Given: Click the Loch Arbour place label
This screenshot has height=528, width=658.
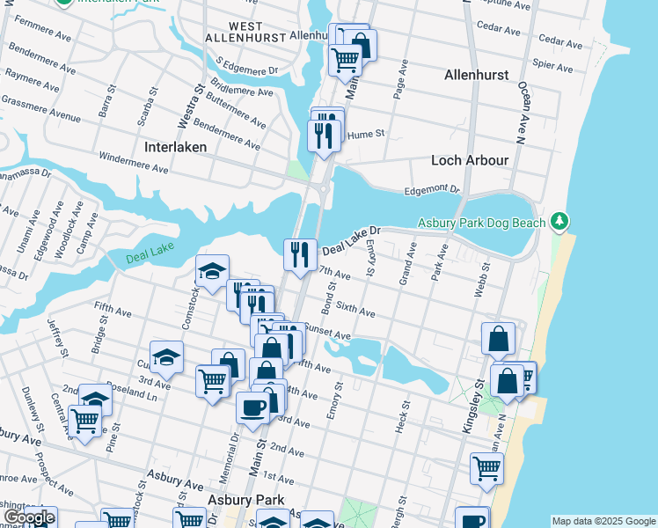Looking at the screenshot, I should click(x=470, y=160).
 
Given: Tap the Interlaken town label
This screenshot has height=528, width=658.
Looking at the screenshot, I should click(x=175, y=147).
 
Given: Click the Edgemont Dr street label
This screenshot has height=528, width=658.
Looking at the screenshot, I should click(x=432, y=189).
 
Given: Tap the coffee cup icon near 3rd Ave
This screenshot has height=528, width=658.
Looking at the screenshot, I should click(x=253, y=408).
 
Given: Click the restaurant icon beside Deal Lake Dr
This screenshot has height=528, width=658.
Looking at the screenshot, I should click(x=300, y=255).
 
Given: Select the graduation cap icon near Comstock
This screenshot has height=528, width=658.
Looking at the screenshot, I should click(x=212, y=272).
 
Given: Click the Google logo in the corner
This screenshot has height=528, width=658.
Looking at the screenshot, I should click(x=29, y=517).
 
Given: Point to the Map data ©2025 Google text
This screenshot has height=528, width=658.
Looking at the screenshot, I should click(x=603, y=521).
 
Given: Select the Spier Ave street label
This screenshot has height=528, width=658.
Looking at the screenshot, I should click(x=552, y=65).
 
